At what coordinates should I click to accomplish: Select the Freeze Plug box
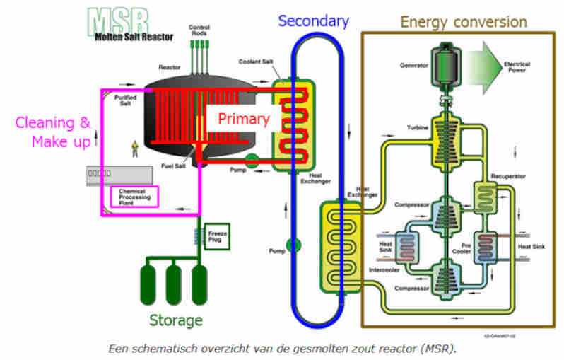click(x=217, y=234)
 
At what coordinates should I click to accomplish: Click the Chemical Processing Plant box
click(x=135, y=196)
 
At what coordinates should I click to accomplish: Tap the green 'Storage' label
click(x=176, y=320)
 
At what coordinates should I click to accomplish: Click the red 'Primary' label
click(x=242, y=119)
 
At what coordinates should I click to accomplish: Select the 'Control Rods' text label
click(x=199, y=30)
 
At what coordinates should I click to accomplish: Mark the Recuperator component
click(x=488, y=194)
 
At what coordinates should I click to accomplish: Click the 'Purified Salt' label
click(x=129, y=101)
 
